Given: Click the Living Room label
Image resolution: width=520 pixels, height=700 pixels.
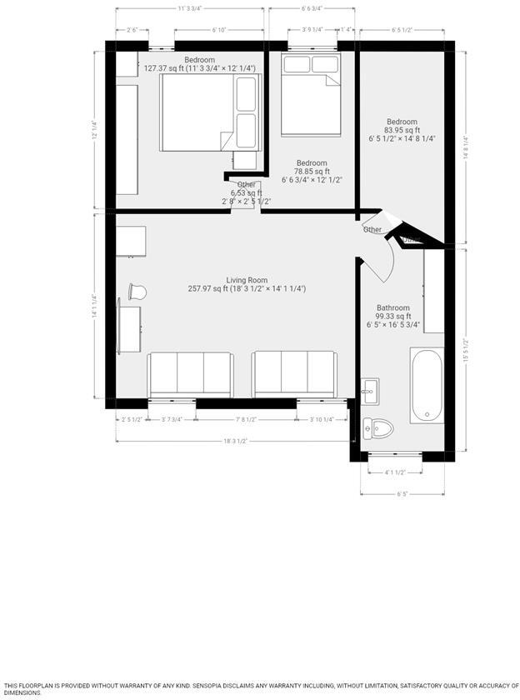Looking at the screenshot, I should (247, 280).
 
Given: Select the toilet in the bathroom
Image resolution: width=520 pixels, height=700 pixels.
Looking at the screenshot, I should (379, 427).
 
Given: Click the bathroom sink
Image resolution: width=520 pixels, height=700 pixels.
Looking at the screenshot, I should (371, 389).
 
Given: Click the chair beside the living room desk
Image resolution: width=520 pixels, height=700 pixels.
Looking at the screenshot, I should (137, 292).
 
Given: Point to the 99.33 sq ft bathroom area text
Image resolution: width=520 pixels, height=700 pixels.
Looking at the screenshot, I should (392, 317).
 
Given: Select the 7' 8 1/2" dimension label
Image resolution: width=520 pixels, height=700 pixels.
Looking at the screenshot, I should (247, 419).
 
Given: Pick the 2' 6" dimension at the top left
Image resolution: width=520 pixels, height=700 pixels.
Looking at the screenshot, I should (132, 30).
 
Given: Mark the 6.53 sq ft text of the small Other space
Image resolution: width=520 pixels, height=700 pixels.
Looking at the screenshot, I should (246, 193).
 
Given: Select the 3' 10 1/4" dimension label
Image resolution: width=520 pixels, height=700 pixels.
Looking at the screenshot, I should (322, 419).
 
